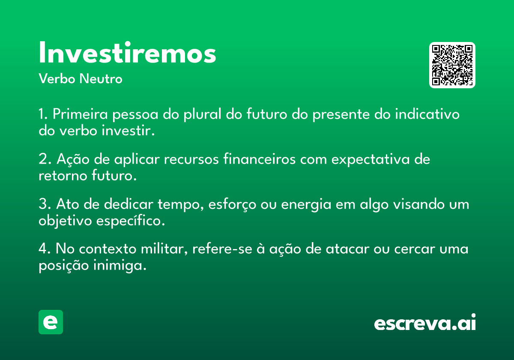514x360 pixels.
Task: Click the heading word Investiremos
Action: tap(127, 52)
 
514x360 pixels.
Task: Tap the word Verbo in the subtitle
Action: tap(57, 78)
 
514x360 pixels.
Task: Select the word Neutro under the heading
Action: tap(101, 78)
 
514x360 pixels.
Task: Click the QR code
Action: tap(452, 65)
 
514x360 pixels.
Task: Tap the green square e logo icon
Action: tap(51, 322)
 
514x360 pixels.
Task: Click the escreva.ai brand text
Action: tap(425, 322)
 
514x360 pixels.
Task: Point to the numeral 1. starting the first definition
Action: tap(43, 114)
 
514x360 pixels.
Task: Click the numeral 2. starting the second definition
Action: tap(45, 159)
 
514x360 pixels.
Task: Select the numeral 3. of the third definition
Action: tap(45, 204)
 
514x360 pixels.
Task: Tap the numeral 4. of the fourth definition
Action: tap(45, 249)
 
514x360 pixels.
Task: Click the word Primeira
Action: tap(80, 114)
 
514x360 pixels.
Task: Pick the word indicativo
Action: tap(427, 114)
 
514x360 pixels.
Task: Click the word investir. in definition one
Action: tap(128, 130)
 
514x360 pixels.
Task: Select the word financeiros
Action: tap(260, 159)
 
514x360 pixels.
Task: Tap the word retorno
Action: tap(63, 176)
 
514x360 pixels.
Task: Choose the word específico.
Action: tap(131, 221)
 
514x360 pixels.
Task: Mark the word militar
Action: tap(164, 249)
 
